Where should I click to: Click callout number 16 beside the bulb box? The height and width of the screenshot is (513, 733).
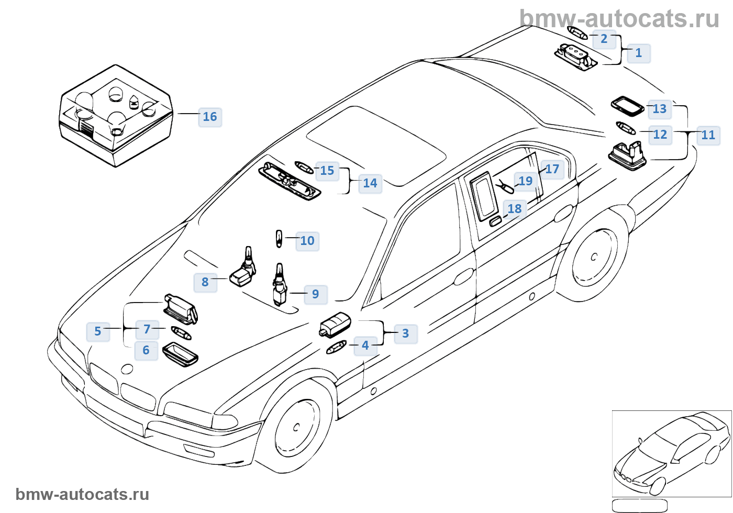210,117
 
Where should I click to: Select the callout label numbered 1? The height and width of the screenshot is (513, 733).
638,53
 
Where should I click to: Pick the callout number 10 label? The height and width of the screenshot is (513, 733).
307,241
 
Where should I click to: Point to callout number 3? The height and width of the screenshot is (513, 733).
405,333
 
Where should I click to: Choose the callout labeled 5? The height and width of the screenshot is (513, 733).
98,331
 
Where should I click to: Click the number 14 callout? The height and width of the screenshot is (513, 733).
370,183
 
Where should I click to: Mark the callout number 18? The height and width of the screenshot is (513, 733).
514,209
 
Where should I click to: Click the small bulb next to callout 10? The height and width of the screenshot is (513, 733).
280,239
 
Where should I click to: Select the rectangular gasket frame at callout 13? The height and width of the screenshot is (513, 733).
627,106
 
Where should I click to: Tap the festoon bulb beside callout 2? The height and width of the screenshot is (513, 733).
576,33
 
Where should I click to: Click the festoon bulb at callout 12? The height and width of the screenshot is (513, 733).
626,128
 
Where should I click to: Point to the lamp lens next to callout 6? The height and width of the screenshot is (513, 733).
181,354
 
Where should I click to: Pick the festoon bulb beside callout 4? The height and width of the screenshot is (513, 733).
336,347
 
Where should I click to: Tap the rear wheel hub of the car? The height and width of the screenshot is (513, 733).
593,256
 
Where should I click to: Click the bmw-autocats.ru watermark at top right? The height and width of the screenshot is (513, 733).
619,19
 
